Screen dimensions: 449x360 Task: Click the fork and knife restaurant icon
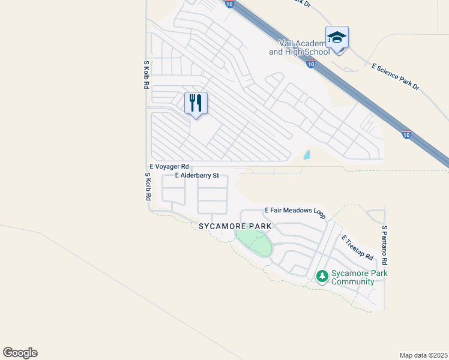pos(196,103)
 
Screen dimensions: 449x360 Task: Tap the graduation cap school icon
pos(337,38)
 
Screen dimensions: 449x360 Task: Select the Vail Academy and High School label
pos(300,47)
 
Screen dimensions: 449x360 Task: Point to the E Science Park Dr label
pos(396,76)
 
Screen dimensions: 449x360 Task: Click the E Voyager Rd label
pos(169,166)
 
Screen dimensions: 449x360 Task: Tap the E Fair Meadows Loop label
pos(295,211)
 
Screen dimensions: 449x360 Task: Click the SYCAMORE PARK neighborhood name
pos(235,226)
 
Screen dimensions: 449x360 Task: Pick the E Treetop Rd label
pos(357,248)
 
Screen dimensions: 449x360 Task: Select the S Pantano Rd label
pos(384,245)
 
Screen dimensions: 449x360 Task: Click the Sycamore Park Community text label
pos(359,277)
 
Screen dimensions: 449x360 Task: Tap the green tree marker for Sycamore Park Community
pos(322,276)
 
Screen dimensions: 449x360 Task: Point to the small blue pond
pos(307,155)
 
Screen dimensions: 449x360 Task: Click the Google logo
pos(20,353)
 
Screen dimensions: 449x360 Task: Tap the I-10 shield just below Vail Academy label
pos(310,64)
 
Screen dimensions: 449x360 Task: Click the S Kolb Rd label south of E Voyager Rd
pos(147,187)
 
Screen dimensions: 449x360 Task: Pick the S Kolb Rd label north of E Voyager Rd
pos(146,75)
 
